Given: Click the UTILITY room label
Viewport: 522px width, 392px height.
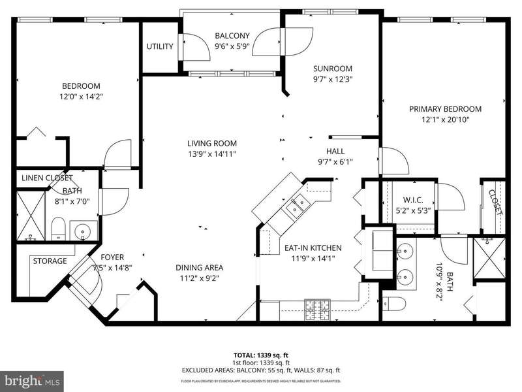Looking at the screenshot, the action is coord(160,46).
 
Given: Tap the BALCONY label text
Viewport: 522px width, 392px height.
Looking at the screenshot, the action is coord(232,36).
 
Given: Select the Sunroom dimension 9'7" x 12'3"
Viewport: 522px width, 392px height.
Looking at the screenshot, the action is coord(333,79).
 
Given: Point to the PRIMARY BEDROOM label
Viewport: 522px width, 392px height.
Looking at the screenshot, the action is coord(445,109).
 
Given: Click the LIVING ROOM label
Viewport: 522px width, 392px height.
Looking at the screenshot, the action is coord(212,143).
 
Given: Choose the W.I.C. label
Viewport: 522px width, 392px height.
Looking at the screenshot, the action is coord(413,200).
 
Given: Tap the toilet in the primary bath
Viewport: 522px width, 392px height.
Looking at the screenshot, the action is coord(395,304).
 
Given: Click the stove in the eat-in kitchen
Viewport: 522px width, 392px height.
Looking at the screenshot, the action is coord(317,310).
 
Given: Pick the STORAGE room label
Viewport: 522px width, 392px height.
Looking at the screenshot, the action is coord(50,261).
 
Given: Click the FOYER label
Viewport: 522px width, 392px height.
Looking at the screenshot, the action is coord(112,257).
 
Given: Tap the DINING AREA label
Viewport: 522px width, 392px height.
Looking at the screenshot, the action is coord(200,268).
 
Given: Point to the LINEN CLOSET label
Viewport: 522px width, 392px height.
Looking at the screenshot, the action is coord(47,178).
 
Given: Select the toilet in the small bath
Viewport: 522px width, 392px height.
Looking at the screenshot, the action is coord(58,229).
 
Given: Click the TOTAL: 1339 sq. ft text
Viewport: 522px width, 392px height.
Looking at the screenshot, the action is coord(258,355).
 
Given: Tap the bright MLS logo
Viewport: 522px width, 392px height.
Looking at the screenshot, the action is coord(31,382).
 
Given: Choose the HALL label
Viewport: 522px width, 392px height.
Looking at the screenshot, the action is coord(335,152).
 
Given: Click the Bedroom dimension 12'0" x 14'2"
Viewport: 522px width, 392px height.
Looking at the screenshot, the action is coord(81,97).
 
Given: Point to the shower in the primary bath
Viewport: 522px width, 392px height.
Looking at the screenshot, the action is coord(489,258).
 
